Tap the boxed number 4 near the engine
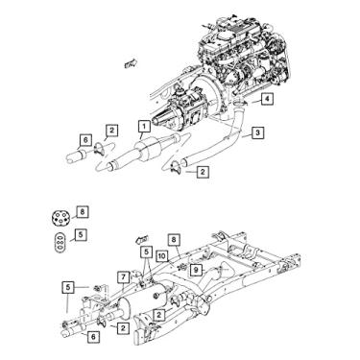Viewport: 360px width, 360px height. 268,99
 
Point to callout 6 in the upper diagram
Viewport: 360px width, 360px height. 84,139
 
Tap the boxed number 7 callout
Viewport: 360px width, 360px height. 125,276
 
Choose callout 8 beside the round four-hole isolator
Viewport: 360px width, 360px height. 83,210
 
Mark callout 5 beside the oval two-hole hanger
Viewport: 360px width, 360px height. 83,233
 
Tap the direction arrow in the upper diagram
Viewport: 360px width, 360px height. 128,64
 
